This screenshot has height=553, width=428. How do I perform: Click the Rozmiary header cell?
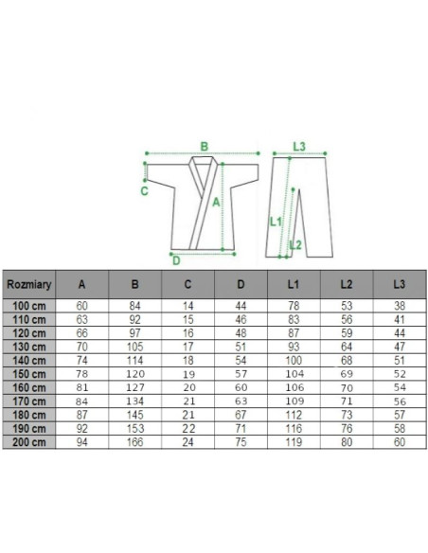(29, 284)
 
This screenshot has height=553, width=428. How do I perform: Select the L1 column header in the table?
(294, 284)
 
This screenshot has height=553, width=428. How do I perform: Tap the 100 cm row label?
(29, 306)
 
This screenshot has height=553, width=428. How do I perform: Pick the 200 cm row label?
(29, 442)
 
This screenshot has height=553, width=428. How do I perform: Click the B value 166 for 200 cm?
(135, 442)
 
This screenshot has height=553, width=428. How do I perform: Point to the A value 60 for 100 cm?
(81, 306)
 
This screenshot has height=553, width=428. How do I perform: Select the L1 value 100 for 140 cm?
(294, 361)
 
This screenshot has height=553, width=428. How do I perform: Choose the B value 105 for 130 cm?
(135, 347)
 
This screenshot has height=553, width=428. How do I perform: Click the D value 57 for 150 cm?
(241, 374)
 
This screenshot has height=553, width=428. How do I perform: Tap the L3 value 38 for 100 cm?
(400, 306)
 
